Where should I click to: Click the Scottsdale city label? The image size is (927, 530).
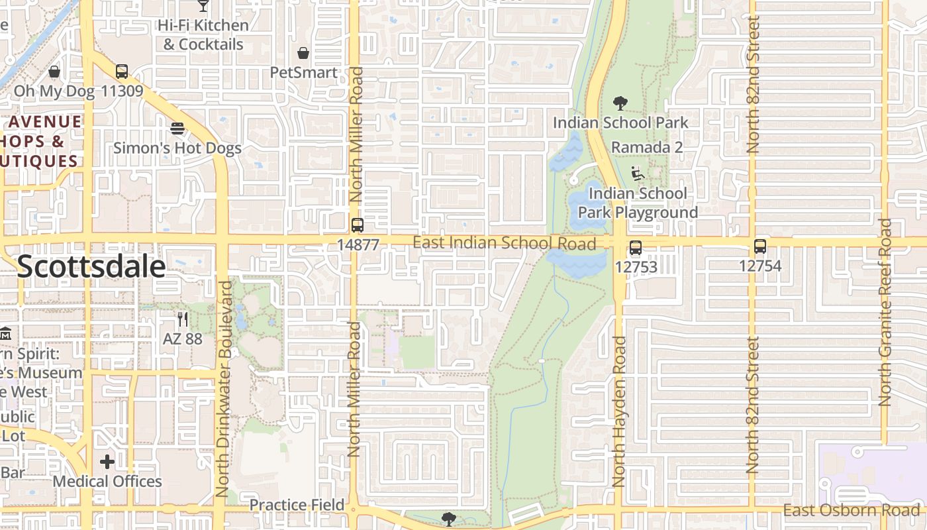click(91, 266)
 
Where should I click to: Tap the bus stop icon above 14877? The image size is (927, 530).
click(358, 225)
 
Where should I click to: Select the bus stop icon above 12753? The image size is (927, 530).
click(636, 248)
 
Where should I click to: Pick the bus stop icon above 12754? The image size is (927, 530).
click(760, 247)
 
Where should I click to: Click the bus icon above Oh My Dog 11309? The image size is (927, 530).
click(122, 72)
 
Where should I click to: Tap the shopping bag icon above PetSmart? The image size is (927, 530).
click(303, 53)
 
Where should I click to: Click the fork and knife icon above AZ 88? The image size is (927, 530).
click(183, 319)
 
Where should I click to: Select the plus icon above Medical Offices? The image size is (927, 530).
click(107, 462)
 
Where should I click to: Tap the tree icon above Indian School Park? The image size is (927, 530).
click(620, 103)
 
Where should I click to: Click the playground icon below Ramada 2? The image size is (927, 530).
click(638, 174)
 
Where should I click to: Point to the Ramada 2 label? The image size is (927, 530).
click(646, 147)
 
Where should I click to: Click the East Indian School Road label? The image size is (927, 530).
click(504, 243)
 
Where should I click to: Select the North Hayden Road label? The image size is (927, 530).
click(619, 411)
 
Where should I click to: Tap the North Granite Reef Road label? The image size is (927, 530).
click(885, 311)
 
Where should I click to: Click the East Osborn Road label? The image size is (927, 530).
click(852, 510)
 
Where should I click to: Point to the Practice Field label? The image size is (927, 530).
click(297, 505)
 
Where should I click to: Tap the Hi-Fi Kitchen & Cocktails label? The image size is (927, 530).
click(203, 34)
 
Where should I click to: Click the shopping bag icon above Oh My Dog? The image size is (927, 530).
click(54, 72)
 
